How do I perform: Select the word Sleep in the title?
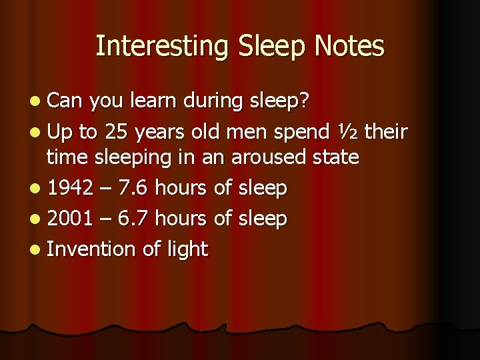click(x=256, y=47)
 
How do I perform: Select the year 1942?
click(x=70, y=189)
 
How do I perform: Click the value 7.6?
click(x=132, y=189)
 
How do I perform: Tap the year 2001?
click(x=70, y=219)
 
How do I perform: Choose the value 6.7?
click(x=132, y=219)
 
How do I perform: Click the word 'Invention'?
click(x=91, y=249)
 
